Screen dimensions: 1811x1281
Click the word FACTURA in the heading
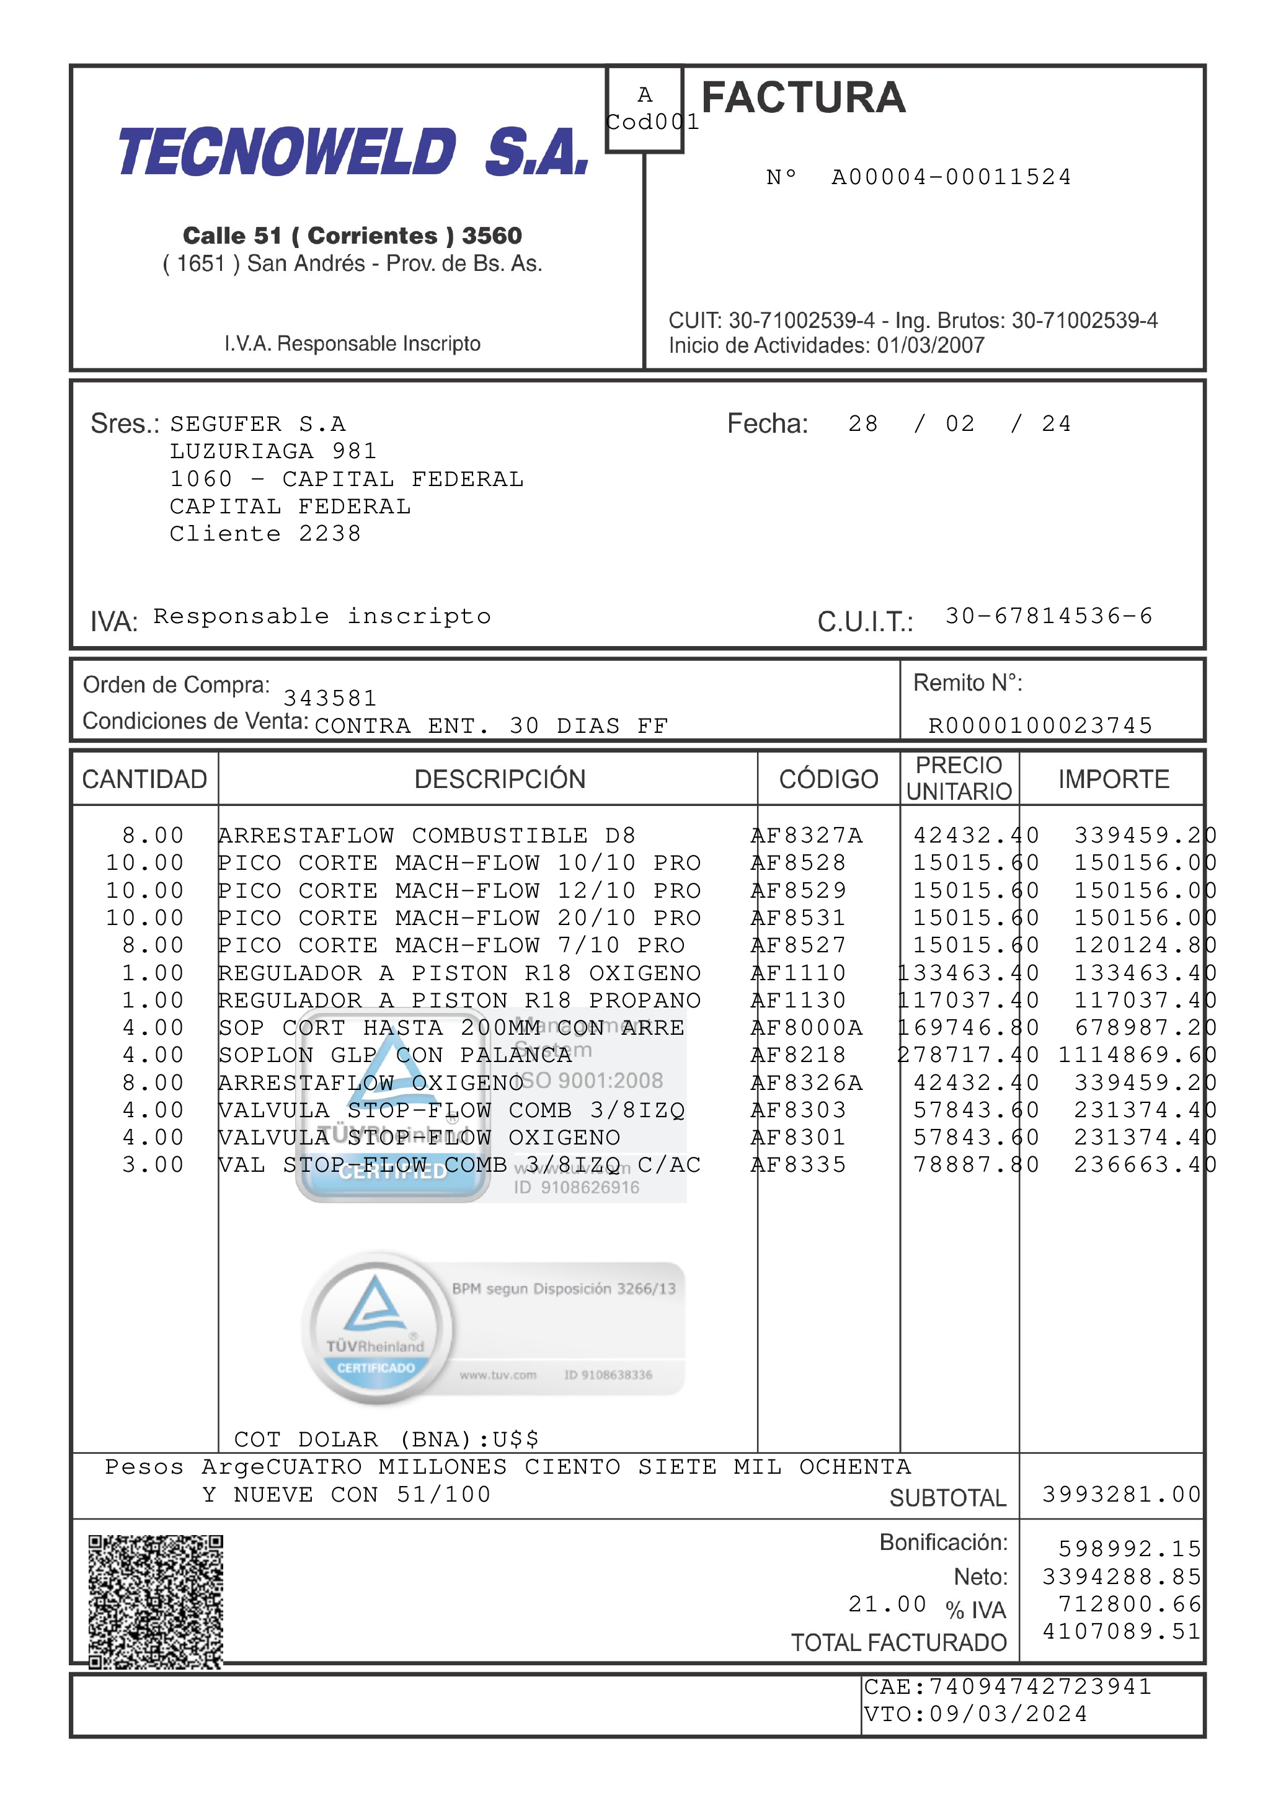pos(803,98)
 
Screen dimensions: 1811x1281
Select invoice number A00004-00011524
pos(951,177)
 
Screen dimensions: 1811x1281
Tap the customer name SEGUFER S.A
pos(258,424)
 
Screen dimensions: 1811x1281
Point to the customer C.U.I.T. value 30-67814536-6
pos(1049,616)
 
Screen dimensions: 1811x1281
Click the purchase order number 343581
pos(330,698)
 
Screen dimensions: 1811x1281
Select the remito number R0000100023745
pos(1040,725)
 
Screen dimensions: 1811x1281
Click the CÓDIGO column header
pos(828,779)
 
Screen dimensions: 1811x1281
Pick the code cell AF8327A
pos(807,835)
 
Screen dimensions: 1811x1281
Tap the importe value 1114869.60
pos(1137,1055)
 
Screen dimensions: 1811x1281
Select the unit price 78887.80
pos(976,1165)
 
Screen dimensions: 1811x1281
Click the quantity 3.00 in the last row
pos(153,1165)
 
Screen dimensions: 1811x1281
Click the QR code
pos(156,1601)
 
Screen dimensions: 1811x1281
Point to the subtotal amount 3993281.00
pos(1121,1494)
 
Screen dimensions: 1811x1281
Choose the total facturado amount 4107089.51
pos(1121,1631)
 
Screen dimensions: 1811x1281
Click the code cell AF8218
pos(798,1055)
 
